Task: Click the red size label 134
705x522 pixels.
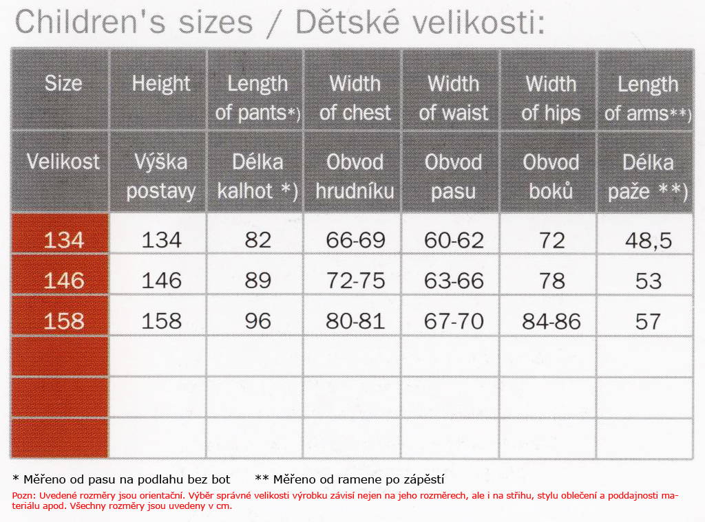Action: point(64,240)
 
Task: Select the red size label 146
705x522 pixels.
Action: point(64,281)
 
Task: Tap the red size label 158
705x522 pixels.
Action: point(64,320)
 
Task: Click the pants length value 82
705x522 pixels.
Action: point(257,240)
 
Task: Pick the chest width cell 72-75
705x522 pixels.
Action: point(355,281)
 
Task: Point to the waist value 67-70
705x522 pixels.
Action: point(454,320)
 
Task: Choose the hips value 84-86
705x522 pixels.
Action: point(551,320)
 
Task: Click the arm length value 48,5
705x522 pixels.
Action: point(649,241)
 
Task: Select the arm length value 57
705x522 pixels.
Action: point(648,320)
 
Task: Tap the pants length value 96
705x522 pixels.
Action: point(257,320)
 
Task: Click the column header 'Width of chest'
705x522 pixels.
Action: point(355,98)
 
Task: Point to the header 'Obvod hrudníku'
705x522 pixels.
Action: point(355,176)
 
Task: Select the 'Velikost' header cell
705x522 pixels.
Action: point(63,161)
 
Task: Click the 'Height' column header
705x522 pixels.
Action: point(161,84)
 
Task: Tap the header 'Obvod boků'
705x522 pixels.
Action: point(551,176)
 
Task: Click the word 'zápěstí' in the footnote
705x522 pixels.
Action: point(424,480)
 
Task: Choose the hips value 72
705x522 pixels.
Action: point(551,240)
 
